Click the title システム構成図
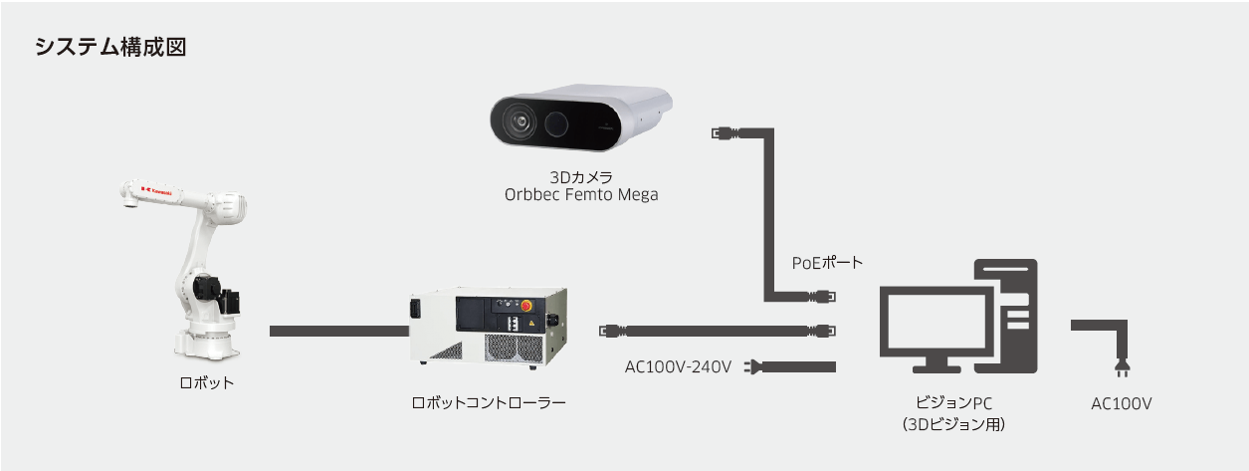110,47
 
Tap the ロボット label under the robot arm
207,382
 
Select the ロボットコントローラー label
489,403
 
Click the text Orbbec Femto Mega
581,195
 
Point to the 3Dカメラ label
581,176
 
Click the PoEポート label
827,263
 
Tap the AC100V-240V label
678,367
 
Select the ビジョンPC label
953,403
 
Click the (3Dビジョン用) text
953,424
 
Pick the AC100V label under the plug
1121,403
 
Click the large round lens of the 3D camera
520,122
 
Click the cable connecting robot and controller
333,330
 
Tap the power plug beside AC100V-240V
754,367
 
